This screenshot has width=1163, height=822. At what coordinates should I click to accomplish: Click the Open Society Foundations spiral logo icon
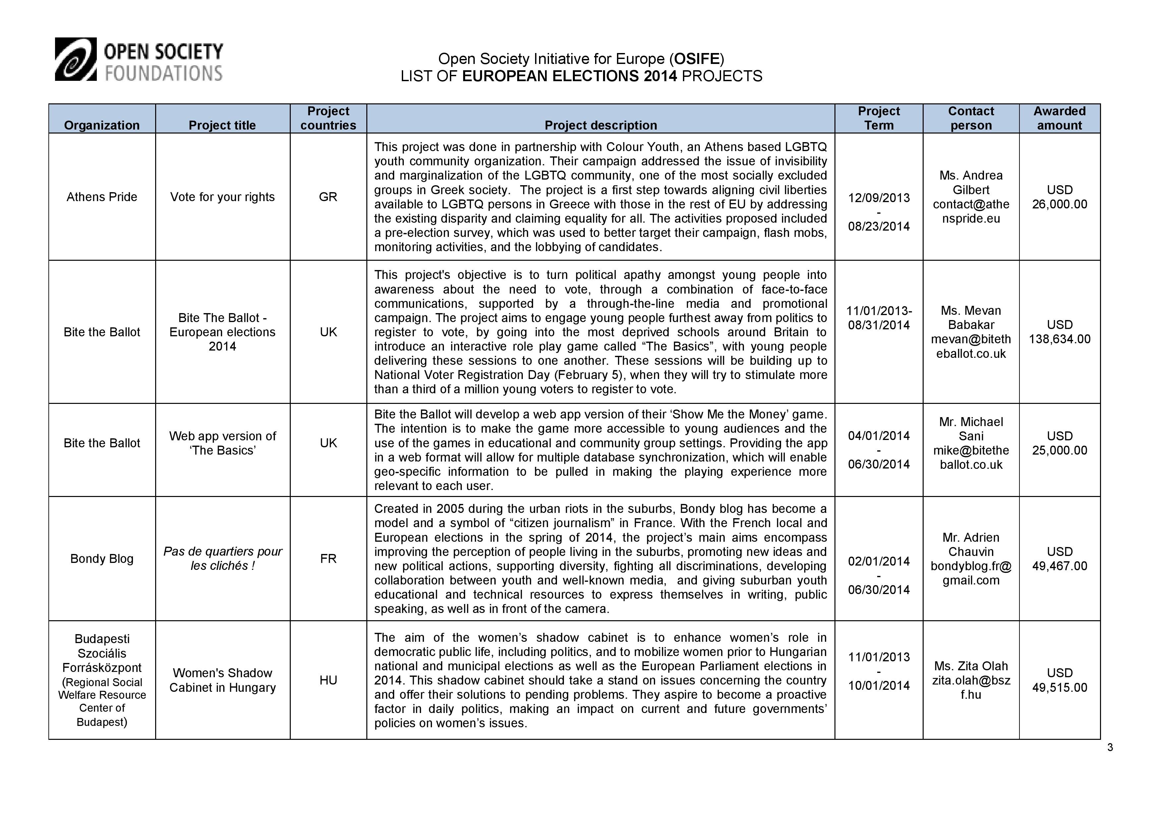tap(76, 59)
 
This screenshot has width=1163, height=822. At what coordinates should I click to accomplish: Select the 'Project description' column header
tap(600, 125)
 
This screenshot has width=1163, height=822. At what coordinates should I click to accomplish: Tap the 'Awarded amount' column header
tap(1059, 118)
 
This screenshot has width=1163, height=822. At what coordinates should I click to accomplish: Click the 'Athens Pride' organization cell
tap(102, 197)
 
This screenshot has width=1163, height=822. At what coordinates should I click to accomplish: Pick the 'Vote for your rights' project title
tap(222, 197)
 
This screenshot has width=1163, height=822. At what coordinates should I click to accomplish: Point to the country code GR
tap(328, 197)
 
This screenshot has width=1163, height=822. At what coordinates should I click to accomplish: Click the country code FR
tap(328, 558)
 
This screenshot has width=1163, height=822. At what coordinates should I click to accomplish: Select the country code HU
tap(328, 680)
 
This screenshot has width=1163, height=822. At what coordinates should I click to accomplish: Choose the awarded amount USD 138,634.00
tap(1059, 332)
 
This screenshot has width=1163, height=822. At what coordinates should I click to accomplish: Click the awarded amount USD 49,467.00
tap(1059, 559)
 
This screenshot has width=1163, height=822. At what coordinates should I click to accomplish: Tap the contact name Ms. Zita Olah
tap(970, 666)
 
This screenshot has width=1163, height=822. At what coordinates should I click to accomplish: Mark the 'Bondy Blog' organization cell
tap(102, 558)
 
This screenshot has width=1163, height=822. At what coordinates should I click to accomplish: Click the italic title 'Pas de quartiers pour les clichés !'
tap(222, 558)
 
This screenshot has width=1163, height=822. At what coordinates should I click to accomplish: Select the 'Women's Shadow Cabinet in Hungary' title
tap(222, 680)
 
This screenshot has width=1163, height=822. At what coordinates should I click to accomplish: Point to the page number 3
tap(1110, 747)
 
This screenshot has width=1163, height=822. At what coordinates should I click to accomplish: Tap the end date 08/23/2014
tap(879, 226)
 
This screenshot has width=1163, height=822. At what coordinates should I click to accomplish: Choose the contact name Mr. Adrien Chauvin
tap(970, 545)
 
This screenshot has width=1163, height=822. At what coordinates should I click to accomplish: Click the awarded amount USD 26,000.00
tap(1059, 197)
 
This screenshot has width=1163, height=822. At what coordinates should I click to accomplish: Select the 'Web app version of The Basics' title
tap(222, 443)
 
